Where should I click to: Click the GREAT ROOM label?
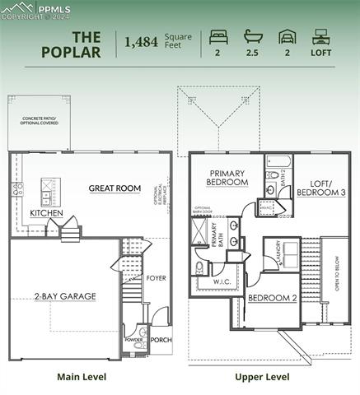click(115, 188)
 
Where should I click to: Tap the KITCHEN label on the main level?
click(46, 212)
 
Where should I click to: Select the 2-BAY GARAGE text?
click(65, 295)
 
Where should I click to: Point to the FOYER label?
click(156, 278)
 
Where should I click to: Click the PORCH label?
click(161, 339)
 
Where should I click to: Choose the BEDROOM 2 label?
click(272, 298)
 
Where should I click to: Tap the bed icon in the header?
click(218, 36)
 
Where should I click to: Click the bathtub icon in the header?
click(252, 36)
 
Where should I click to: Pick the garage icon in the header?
click(287, 37)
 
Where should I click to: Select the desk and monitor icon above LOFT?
click(321, 36)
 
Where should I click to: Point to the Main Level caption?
click(81, 377)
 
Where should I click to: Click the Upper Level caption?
click(262, 377)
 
